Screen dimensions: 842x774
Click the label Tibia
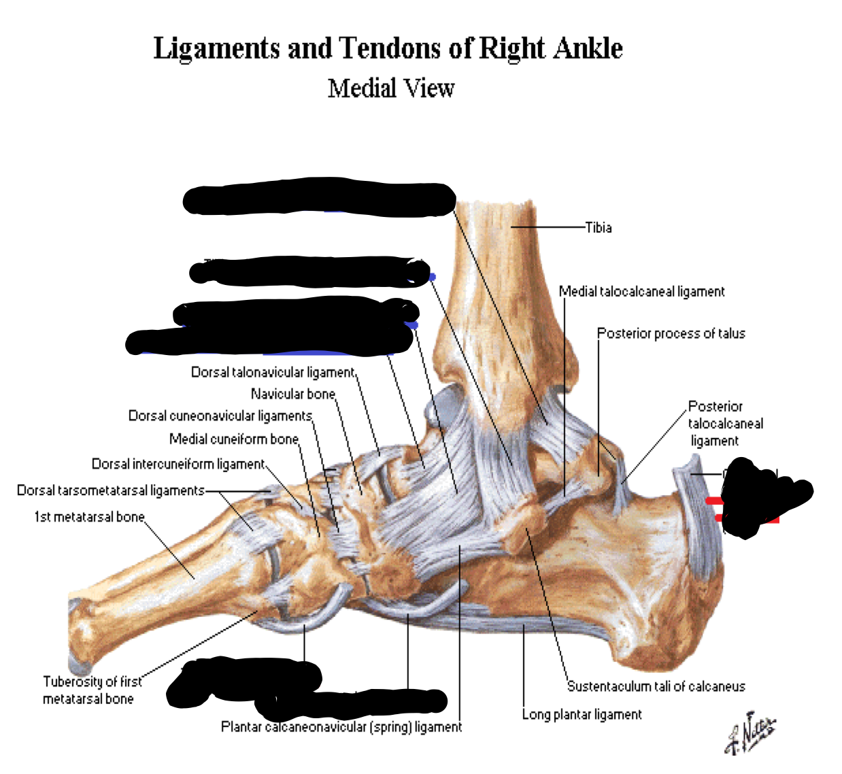click(599, 228)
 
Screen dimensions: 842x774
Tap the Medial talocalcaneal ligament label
click(641, 292)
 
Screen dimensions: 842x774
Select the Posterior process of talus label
click(671, 333)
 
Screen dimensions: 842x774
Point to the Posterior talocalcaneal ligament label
click(724, 423)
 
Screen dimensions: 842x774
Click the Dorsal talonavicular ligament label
click(273, 372)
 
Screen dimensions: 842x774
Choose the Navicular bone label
click(292, 394)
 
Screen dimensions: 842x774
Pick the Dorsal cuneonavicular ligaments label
click(220, 416)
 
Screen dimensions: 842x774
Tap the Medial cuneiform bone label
click(233, 439)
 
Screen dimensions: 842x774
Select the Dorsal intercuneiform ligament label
click(178, 464)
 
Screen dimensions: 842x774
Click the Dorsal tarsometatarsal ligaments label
click(110, 490)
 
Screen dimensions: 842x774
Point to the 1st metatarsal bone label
click(89, 517)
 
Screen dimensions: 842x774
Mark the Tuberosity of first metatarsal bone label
click(91, 690)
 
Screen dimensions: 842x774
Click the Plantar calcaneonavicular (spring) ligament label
click(341, 727)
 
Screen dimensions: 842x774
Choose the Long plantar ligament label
click(582, 714)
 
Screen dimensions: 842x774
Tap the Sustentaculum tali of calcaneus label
click(656, 686)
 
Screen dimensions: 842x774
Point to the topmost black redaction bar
click(319, 199)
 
